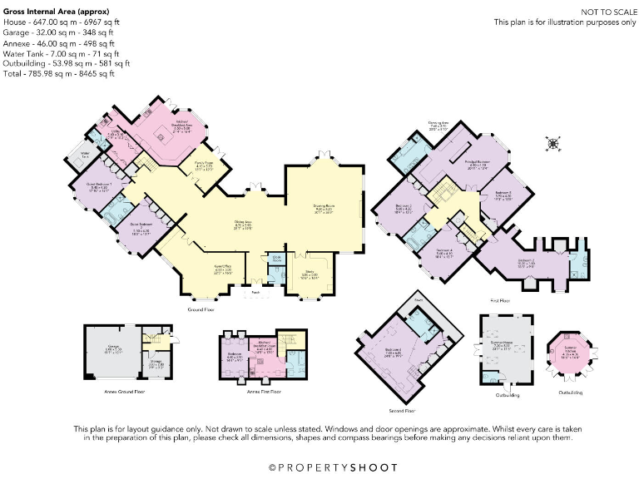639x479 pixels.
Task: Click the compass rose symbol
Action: (551, 144)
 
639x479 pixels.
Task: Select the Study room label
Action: (307, 274)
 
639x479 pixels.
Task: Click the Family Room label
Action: (205, 165)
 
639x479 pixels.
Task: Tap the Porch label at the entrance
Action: (255, 292)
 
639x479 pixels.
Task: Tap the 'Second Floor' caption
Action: (402, 411)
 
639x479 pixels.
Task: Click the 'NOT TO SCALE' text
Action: (602, 13)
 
